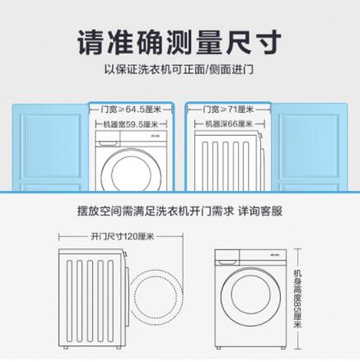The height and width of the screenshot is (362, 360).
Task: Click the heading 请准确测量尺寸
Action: tap(180, 41)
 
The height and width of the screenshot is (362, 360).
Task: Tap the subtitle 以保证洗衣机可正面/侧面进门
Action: tap(180, 69)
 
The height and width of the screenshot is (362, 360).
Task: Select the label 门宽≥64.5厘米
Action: tap(130, 109)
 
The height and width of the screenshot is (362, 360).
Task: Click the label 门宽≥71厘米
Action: tap(228, 109)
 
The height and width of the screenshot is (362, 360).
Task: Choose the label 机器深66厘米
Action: tap(228, 124)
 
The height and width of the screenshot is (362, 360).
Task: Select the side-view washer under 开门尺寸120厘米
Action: tap(92, 295)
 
